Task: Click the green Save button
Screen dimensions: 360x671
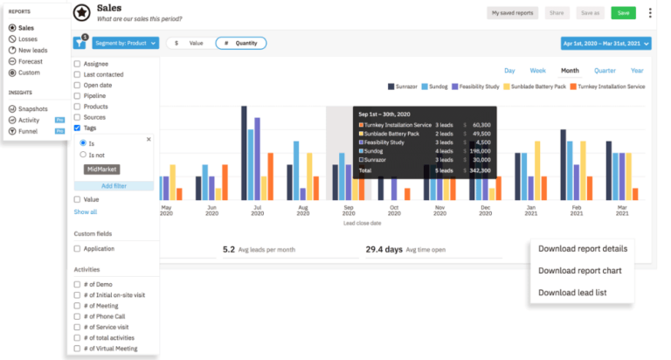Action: (x=622, y=13)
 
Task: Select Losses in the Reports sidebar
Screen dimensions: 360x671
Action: (x=27, y=39)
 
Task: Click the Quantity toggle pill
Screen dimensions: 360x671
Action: (x=240, y=43)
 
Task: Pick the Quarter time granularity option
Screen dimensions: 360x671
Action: (x=605, y=71)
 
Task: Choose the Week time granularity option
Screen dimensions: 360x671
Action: (x=538, y=71)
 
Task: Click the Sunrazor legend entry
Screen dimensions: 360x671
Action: (x=401, y=87)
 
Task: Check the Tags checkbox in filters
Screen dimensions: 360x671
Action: (x=78, y=128)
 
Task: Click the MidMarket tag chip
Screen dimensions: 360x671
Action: (x=101, y=169)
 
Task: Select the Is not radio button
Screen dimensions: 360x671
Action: (x=83, y=155)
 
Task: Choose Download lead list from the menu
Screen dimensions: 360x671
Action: (x=571, y=293)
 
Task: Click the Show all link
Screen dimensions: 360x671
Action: (x=86, y=212)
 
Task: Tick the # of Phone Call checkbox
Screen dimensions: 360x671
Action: (x=78, y=315)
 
